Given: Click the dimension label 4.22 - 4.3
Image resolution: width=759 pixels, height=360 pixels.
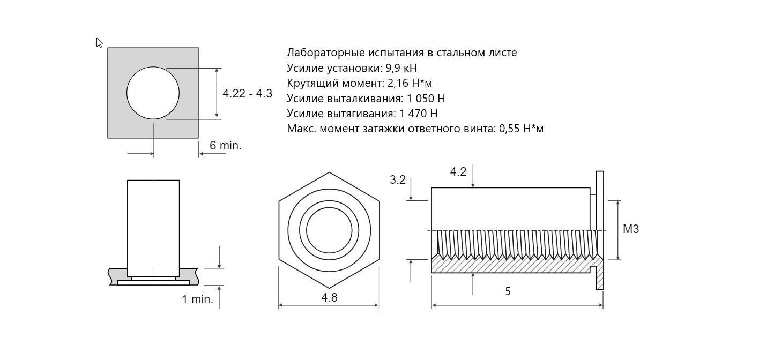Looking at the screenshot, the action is [247, 93].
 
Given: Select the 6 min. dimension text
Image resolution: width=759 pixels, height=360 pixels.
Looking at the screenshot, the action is [226, 145].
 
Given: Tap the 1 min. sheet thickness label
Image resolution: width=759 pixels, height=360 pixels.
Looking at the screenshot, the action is [198, 299].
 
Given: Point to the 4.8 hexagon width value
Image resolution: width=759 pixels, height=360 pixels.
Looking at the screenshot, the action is [329, 297].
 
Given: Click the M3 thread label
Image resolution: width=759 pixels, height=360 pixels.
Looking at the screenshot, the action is [631, 229].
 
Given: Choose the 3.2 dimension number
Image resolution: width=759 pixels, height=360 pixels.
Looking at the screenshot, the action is [398, 180].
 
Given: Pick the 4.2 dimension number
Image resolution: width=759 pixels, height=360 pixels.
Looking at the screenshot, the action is [458, 172].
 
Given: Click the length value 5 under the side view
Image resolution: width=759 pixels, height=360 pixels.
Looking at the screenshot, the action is [508, 291].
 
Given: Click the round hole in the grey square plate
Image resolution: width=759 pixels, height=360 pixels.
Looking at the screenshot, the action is [153, 93].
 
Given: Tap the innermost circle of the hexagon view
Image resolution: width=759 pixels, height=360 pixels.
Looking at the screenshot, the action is [329, 230].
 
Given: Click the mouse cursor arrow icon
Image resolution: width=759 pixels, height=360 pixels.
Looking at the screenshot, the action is [99, 43].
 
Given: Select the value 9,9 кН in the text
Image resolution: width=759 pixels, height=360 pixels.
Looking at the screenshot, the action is [401, 68].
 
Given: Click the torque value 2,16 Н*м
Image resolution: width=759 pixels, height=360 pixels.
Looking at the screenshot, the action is [410, 84].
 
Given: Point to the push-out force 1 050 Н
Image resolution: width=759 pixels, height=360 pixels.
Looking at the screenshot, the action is [426, 99].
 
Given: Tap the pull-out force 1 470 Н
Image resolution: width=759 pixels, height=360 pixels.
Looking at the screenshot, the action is [419, 114].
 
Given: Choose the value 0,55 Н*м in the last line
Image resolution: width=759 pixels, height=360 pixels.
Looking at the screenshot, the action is [521, 129].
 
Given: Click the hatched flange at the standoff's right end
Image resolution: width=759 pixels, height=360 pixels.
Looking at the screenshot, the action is [600, 274].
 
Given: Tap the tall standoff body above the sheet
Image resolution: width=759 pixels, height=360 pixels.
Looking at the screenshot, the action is [153, 228].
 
